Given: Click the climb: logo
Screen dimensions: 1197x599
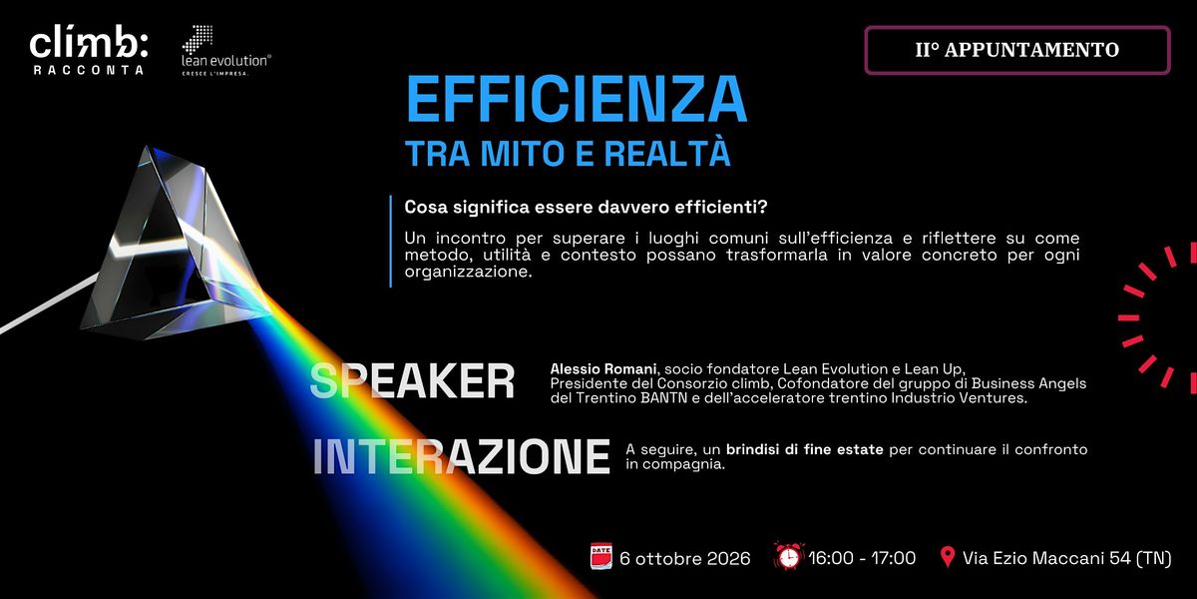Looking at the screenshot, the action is [x=89, y=49].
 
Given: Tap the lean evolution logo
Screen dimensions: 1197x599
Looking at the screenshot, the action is [x=226, y=50].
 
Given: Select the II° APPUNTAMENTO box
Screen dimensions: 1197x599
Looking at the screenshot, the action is [x=1017, y=50].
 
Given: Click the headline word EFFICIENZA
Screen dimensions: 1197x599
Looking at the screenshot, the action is [x=577, y=100].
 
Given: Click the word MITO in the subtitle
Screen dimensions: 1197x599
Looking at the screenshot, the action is [x=523, y=154].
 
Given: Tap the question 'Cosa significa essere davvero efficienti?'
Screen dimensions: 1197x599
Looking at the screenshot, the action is [x=586, y=207].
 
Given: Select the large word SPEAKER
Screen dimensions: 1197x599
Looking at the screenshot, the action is [x=412, y=380].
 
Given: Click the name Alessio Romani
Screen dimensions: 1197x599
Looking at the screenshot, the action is [x=603, y=369].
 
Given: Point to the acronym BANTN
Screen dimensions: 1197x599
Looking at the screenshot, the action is [x=663, y=398].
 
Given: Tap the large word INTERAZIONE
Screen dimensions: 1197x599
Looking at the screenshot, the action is [x=461, y=457].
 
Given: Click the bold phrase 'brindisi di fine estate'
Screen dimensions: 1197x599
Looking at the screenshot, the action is [x=805, y=450].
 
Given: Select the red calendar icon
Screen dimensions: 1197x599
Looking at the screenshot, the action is [x=601, y=556].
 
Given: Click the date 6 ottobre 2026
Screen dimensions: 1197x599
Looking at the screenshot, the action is [x=685, y=559].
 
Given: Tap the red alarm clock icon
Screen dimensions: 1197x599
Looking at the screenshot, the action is [x=789, y=556].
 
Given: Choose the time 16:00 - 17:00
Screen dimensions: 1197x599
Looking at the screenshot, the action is [x=862, y=558].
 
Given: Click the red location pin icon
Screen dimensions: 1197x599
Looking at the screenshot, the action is [x=948, y=557].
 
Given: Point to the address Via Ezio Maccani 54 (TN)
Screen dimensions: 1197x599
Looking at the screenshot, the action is [x=1067, y=559].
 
